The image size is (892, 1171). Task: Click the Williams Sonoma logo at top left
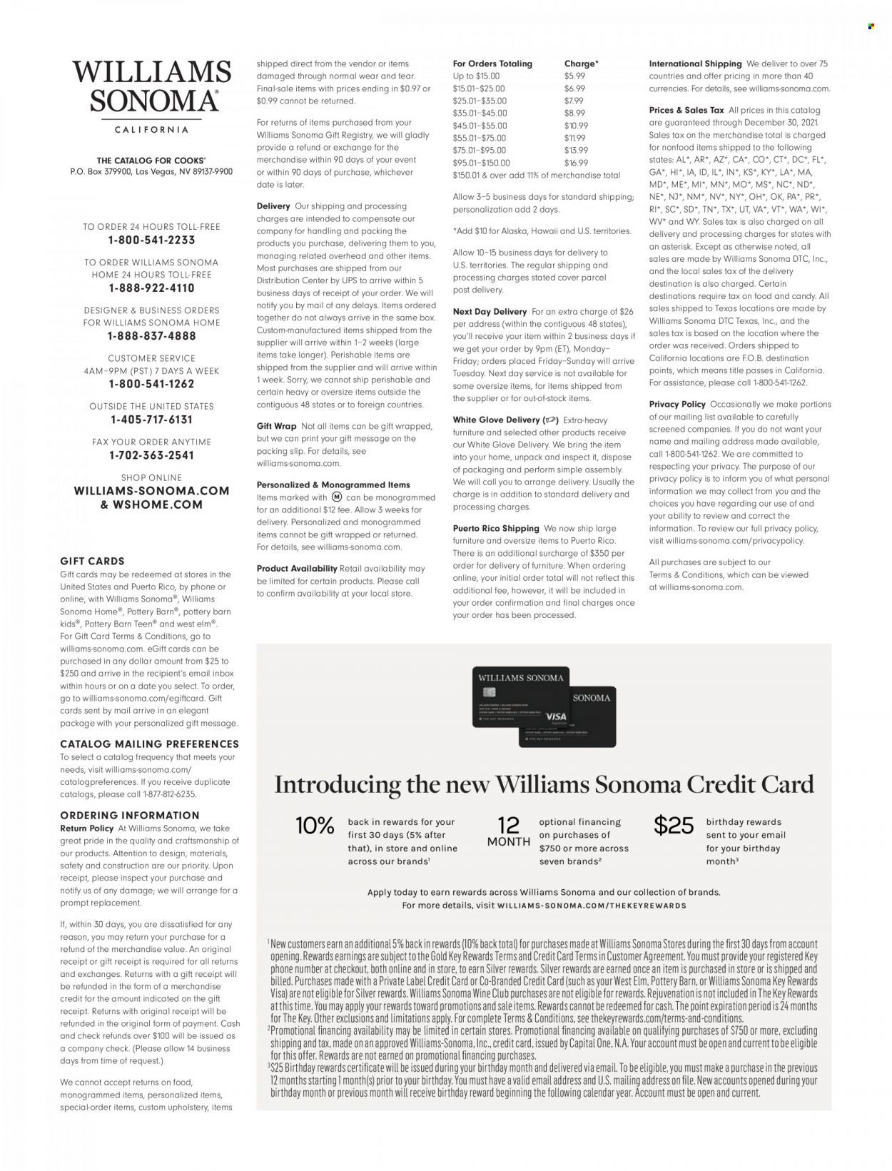click(151, 87)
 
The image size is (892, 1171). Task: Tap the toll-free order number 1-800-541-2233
click(151, 240)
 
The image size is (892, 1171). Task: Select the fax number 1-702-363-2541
click(151, 455)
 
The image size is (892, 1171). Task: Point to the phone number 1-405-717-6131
click(151, 420)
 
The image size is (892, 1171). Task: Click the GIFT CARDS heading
click(92, 562)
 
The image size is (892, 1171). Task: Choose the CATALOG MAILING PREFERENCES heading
click(149, 744)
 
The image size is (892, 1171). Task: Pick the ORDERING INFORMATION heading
click(130, 816)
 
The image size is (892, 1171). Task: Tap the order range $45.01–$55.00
click(480, 126)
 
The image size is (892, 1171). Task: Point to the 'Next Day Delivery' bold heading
click(490, 312)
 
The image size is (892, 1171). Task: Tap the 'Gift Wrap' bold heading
click(276, 426)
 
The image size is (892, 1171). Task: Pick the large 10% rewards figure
click(315, 826)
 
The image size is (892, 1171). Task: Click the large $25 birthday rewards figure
click(674, 826)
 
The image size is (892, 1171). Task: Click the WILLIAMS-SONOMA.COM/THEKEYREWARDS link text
click(595, 906)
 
